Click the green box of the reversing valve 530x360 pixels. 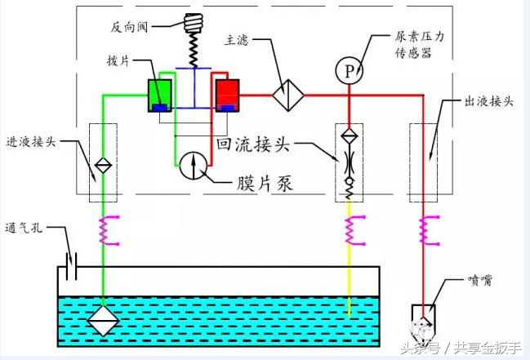tap(158, 95)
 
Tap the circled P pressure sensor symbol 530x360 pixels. tap(349, 72)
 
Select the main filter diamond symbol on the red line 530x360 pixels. tap(287, 95)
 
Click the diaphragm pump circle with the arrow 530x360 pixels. tap(193, 165)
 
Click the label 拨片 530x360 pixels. tap(118, 61)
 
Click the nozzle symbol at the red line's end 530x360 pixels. tap(425, 320)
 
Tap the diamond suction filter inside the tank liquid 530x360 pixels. tap(105, 319)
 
